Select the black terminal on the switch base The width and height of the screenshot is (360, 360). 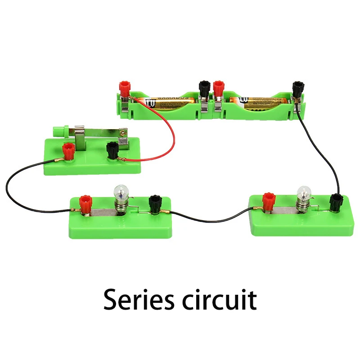pos(112,148)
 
